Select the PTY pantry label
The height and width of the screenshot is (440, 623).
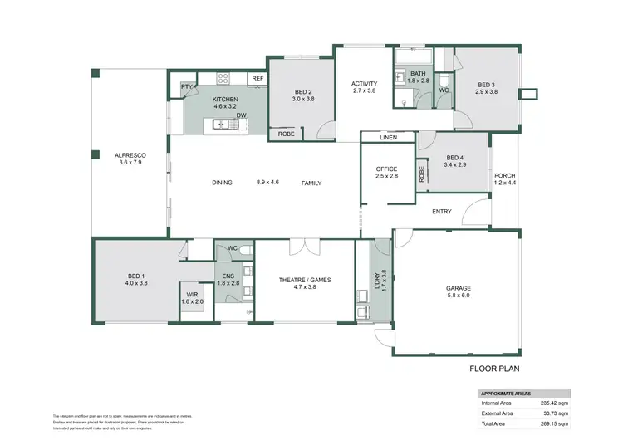(x=186, y=86)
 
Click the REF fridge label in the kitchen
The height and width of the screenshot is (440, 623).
(x=258, y=79)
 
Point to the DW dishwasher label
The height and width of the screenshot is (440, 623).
(x=240, y=115)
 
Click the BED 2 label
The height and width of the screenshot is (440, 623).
(x=303, y=91)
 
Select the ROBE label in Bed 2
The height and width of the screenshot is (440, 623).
(x=286, y=134)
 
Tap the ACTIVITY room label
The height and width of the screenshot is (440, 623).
(x=364, y=84)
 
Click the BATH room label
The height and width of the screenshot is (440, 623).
(x=419, y=74)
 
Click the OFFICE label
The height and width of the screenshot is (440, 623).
(x=387, y=169)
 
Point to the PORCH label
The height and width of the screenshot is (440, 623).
(x=505, y=175)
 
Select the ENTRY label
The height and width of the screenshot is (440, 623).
(x=442, y=211)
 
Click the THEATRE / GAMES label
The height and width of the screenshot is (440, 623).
(x=304, y=281)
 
